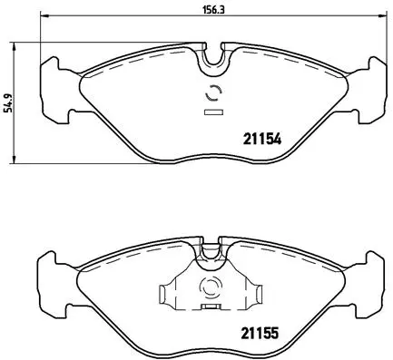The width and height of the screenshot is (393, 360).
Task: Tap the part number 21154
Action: tap(260, 139)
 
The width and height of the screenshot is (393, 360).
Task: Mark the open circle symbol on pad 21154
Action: tap(214, 92)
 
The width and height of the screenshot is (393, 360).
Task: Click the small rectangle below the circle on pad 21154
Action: tap(214, 112)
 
